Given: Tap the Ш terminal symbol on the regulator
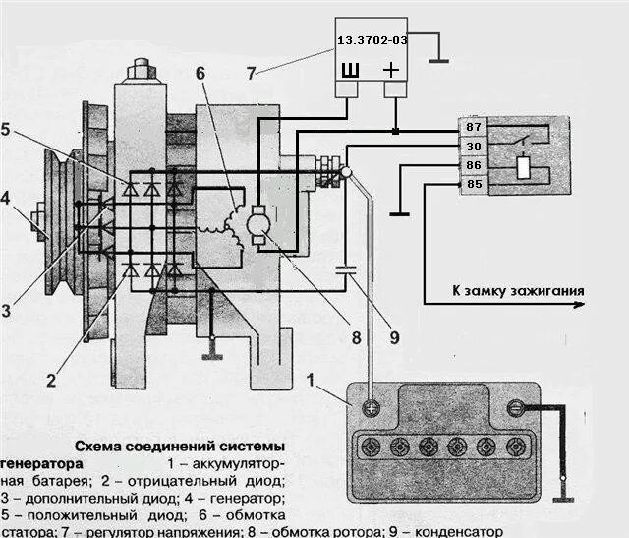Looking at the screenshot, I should (349, 69).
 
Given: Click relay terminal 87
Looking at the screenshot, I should (473, 128).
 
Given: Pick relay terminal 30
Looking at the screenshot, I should (473, 147).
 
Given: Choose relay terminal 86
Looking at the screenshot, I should (473, 165).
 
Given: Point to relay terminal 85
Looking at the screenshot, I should (473, 184).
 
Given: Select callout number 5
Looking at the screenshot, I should (8, 128).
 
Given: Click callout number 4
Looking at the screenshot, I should (7, 197).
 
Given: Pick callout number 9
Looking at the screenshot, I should (393, 337).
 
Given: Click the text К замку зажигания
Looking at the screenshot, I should (518, 291).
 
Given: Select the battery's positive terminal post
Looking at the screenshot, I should (371, 407).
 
